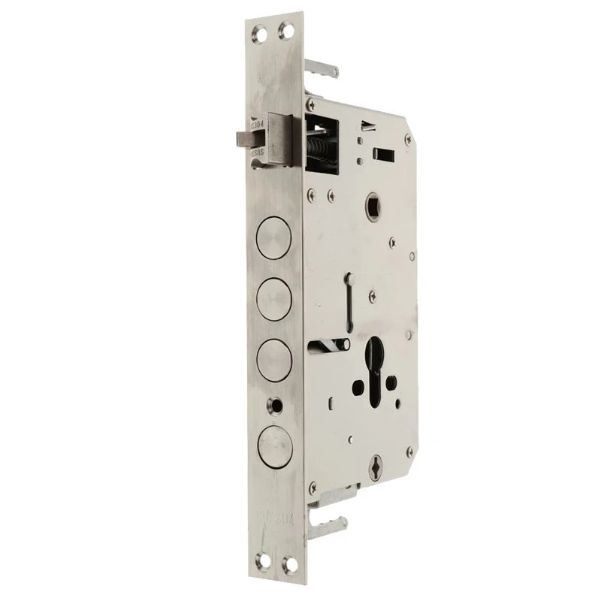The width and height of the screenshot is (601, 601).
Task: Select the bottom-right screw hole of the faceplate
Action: [x=285, y=563]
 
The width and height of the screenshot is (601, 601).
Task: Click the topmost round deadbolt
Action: [x=272, y=238]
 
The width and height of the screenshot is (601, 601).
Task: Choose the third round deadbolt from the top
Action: [x=272, y=355]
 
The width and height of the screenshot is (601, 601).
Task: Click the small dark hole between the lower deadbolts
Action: [x=280, y=404]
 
